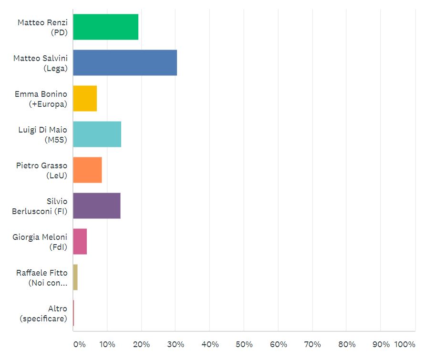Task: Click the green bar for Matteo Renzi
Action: pos(105,27)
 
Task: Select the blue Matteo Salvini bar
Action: pos(125,62)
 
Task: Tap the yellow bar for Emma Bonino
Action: pos(85,98)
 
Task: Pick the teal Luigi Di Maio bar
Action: pos(97,134)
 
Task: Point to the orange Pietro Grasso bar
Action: pos(87,170)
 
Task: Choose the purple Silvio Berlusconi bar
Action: pos(96,206)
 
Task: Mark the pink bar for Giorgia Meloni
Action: pos(80,241)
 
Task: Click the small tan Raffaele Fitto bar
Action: pos(75,277)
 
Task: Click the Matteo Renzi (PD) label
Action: pos(42,28)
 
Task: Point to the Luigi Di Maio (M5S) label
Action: pos(43,135)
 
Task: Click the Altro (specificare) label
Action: pos(43,314)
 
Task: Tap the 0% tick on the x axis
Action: pos(79,344)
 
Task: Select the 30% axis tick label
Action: pos(176,344)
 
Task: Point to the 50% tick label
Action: pos(244,344)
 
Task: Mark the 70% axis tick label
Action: pos(312,344)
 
